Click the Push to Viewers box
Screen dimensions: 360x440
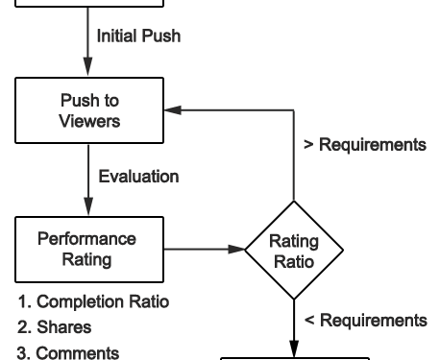pos(86,110)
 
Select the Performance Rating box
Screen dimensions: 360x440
pos(86,249)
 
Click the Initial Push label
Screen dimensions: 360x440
pos(137,37)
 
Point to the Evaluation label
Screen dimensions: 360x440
pos(138,177)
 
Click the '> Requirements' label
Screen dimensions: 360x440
pos(364,145)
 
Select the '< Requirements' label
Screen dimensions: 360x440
pos(365,320)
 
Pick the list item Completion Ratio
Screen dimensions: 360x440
pos(93,302)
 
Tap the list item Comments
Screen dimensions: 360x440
pos(68,351)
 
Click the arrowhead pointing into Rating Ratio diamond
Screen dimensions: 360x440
pos(236,250)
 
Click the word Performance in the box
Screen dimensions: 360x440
pos(86,239)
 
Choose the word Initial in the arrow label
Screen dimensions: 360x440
pos(113,37)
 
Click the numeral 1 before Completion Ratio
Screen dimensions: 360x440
pos(22,302)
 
